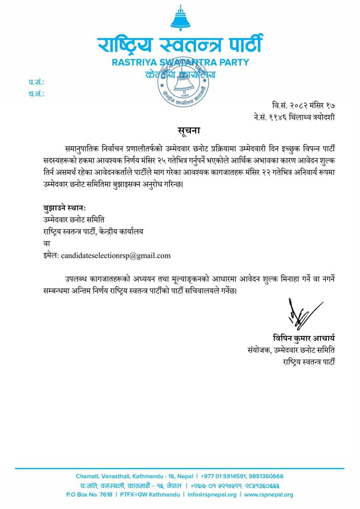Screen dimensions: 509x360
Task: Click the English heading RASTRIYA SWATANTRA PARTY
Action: (180, 62)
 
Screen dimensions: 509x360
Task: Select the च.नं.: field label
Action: (37, 94)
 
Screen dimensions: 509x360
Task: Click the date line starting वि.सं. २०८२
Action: (304, 105)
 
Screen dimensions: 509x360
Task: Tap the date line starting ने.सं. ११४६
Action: (293, 117)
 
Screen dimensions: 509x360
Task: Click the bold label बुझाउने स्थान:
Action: (65, 208)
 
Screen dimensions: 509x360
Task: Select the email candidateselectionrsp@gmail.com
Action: (115, 255)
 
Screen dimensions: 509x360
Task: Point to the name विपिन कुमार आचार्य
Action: (304, 338)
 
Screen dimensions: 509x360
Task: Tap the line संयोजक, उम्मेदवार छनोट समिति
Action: (291, 350)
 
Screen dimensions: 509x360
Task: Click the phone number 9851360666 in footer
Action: (263, 476)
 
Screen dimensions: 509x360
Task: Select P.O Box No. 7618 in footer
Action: (90, 495)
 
